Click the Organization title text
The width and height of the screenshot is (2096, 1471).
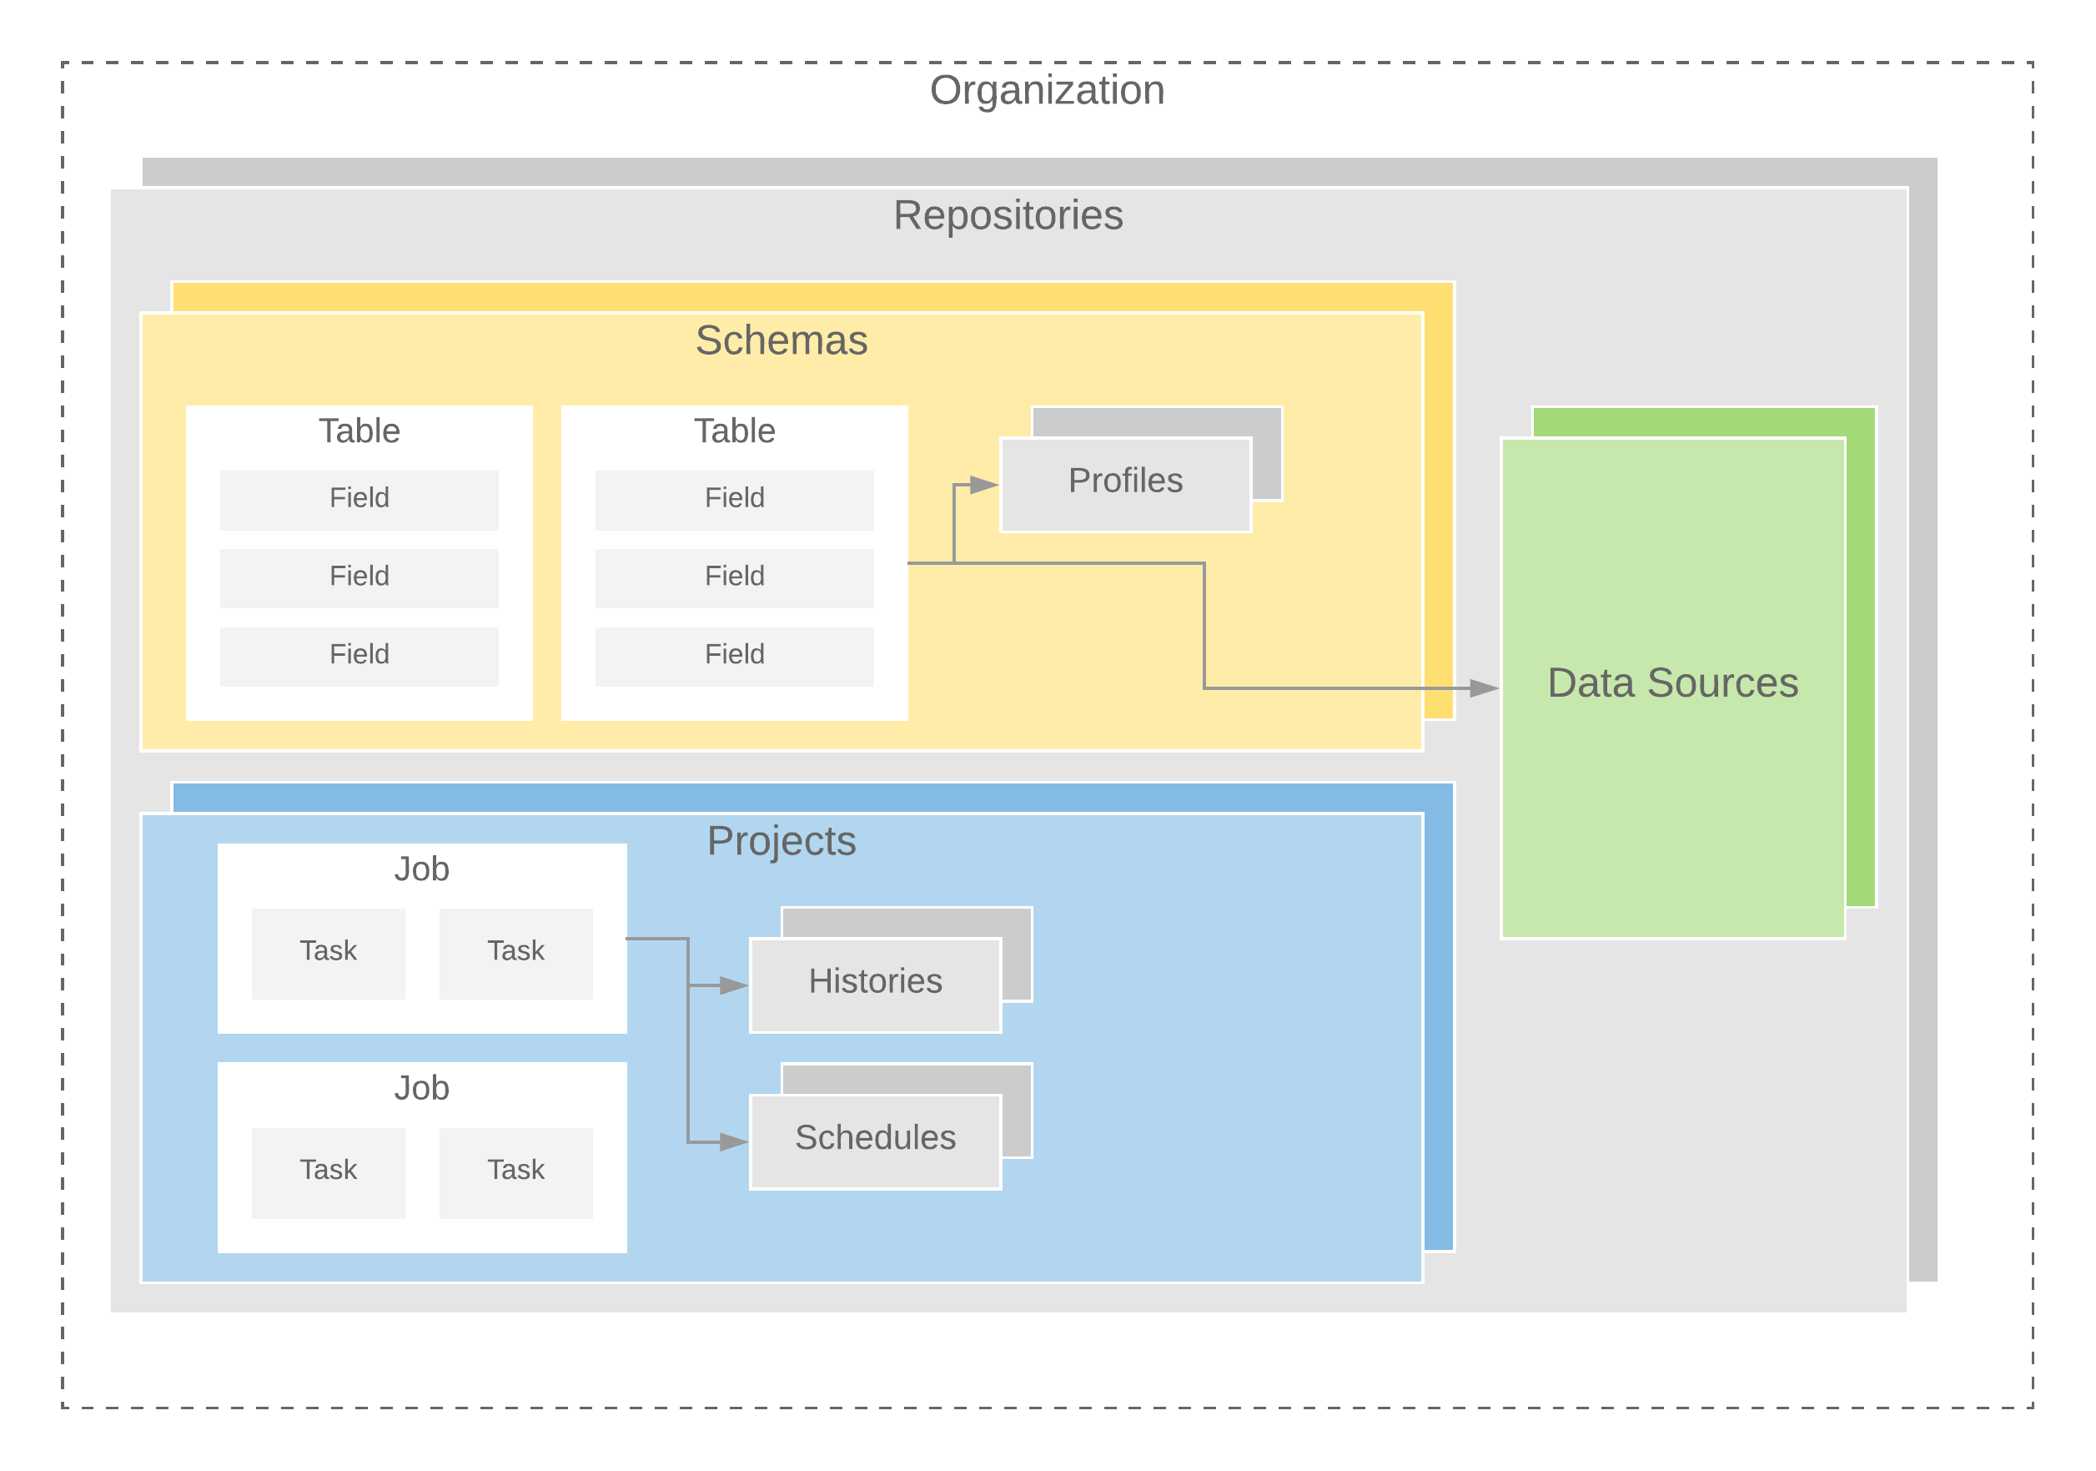pos(1047,90)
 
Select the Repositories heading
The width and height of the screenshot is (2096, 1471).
pos(1008,215)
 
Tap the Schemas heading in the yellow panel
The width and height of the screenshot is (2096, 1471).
pos(782,340)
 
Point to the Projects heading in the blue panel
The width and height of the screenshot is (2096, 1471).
pos(782,841)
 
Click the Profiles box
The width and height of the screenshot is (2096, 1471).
pos(1126,481)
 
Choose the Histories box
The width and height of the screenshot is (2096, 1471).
pos(875,981)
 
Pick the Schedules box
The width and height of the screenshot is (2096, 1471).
pos(875,1138)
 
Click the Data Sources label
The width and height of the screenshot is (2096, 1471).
pos(1672,683)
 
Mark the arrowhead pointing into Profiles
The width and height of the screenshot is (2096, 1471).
pos(985,485)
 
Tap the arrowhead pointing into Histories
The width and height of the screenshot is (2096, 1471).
pos(734,985)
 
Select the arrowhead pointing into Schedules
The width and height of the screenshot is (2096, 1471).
pos(734,1141)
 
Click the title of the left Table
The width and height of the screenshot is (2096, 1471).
pos(359,431)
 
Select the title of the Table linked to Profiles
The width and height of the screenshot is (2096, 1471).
pos(734,431)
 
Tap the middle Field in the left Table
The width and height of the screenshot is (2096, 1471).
pos(359,577)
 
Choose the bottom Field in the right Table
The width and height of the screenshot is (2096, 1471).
pos(734,655)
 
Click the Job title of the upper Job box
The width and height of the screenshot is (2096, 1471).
pos(422,869)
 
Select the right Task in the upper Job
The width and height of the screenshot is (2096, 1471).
pos(515,951)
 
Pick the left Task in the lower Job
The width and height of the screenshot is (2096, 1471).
pos(328,1171)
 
